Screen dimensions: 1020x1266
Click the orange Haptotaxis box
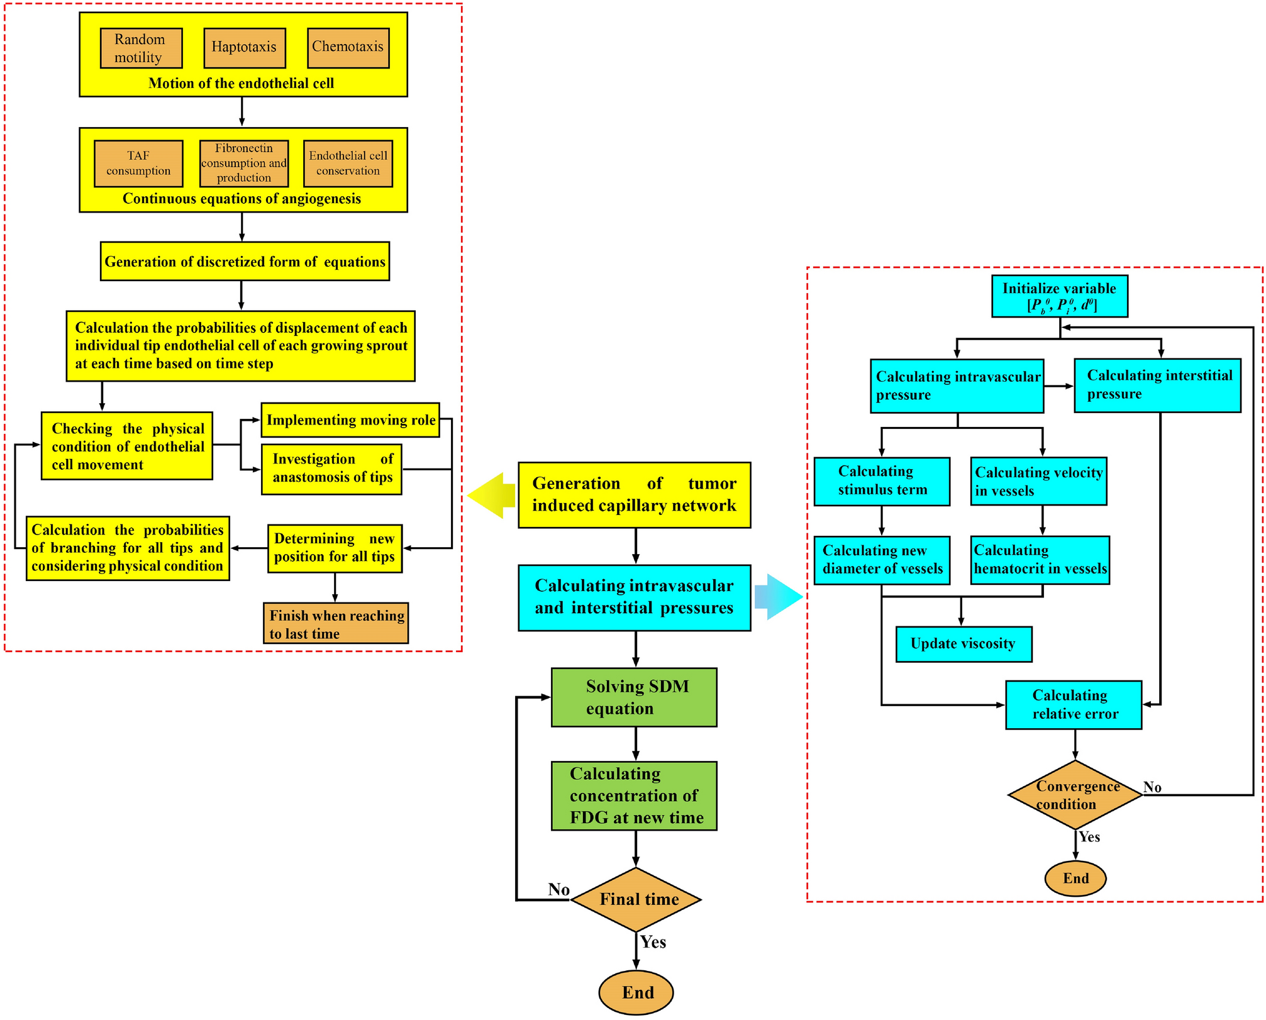245,48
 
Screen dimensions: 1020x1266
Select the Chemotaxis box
348,48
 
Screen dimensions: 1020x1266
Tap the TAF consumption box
138,164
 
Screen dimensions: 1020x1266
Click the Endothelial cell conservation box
348,164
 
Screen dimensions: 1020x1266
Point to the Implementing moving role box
350,420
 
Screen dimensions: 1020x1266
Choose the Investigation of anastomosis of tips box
331,469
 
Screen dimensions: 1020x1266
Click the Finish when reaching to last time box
336,623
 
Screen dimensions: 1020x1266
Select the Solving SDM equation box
634,697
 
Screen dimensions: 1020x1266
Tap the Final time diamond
636,899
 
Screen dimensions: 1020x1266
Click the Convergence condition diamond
1075,795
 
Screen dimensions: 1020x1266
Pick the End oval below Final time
636,992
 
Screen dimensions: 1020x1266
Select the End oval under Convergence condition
1075,879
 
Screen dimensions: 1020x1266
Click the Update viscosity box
963,644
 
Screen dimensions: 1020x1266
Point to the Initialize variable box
1060,296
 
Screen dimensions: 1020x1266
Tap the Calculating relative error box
1074,705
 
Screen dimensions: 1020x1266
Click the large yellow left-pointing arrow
491,496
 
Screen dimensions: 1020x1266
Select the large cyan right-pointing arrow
779,597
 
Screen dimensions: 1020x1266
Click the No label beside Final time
558,889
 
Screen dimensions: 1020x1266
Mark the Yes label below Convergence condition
1089,837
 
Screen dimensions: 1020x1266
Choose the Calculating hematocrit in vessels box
1040,560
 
